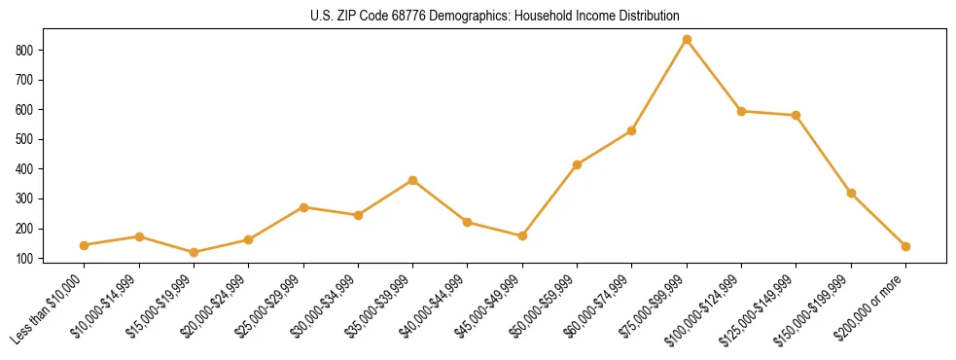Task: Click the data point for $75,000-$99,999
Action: [687, 39]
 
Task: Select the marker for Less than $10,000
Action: [85, 245]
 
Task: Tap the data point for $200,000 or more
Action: [905, 246]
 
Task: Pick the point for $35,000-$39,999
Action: [413, 180]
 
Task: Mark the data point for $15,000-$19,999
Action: [194, 252]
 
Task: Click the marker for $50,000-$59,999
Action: [578, 164]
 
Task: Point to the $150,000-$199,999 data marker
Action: [851, 193]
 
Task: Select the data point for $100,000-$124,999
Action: [741, 111]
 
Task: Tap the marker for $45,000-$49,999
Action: [522, 235]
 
